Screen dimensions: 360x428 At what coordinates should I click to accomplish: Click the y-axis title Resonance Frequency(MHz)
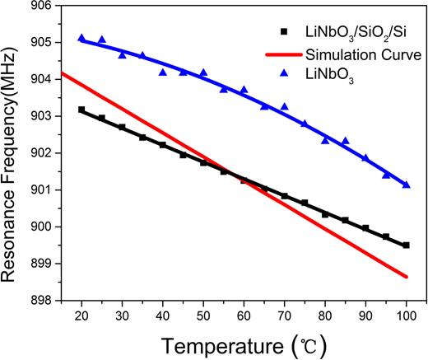(12, 153)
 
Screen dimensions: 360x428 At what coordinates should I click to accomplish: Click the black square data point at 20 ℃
(81, 110)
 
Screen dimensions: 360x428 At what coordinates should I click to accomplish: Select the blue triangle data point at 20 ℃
(81, 38)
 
